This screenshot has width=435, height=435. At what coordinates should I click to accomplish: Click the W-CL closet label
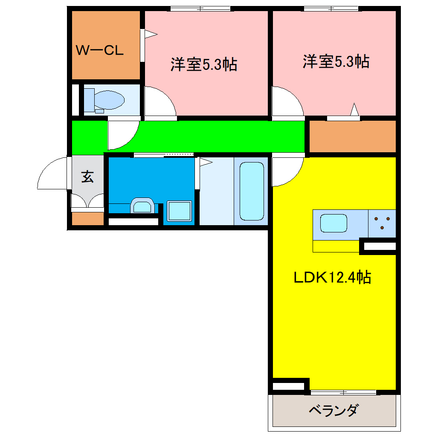[99, 51]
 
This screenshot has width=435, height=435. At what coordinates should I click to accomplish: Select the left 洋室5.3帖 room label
[203, 65]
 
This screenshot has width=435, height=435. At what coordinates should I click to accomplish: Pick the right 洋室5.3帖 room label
[336, 62]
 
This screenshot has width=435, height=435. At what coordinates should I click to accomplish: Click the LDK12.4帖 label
[332, 278]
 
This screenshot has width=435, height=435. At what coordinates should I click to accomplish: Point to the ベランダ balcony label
[333, 411]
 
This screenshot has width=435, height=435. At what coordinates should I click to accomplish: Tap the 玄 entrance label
[87, 177]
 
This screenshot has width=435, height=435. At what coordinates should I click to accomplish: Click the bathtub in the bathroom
[252, 191]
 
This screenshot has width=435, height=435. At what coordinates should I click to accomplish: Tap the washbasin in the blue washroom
[142, 206]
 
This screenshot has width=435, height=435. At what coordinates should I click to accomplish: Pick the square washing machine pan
[179, 211]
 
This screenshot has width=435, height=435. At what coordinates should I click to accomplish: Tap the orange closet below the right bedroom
[352, 136]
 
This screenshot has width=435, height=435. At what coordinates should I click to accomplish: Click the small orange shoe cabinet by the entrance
[87, 218]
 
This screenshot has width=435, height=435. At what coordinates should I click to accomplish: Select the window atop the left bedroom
[200, 8]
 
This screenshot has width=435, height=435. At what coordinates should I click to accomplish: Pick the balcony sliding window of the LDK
[343, 392]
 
